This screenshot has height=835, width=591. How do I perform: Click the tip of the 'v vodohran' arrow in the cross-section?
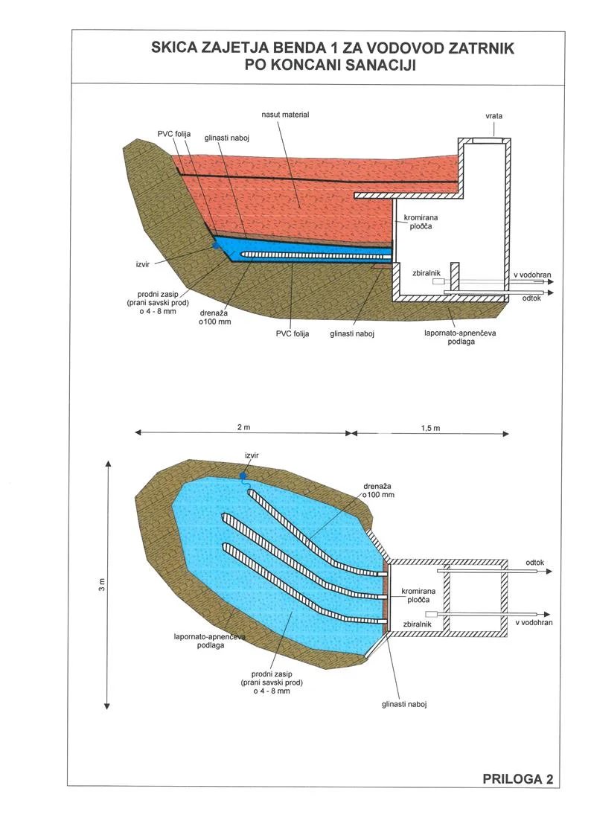553,281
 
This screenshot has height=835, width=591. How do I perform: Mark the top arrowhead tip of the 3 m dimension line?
108,461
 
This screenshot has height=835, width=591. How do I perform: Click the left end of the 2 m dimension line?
135,432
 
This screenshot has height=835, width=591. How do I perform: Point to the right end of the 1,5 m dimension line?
509,433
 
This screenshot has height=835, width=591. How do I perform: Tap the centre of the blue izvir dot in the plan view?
243,475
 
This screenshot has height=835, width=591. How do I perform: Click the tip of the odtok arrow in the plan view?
552,572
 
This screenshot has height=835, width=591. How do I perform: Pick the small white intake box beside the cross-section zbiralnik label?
438,281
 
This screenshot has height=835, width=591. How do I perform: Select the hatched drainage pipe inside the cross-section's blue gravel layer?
316,255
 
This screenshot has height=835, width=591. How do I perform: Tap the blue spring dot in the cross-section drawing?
216,246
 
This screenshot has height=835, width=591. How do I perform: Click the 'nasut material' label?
285,115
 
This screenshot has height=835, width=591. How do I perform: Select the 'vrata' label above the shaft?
493,115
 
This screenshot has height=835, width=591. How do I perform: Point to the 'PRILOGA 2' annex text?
517,779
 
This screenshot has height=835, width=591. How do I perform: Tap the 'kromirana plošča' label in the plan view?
418,595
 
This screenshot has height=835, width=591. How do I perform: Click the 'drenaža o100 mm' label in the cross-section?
215,317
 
